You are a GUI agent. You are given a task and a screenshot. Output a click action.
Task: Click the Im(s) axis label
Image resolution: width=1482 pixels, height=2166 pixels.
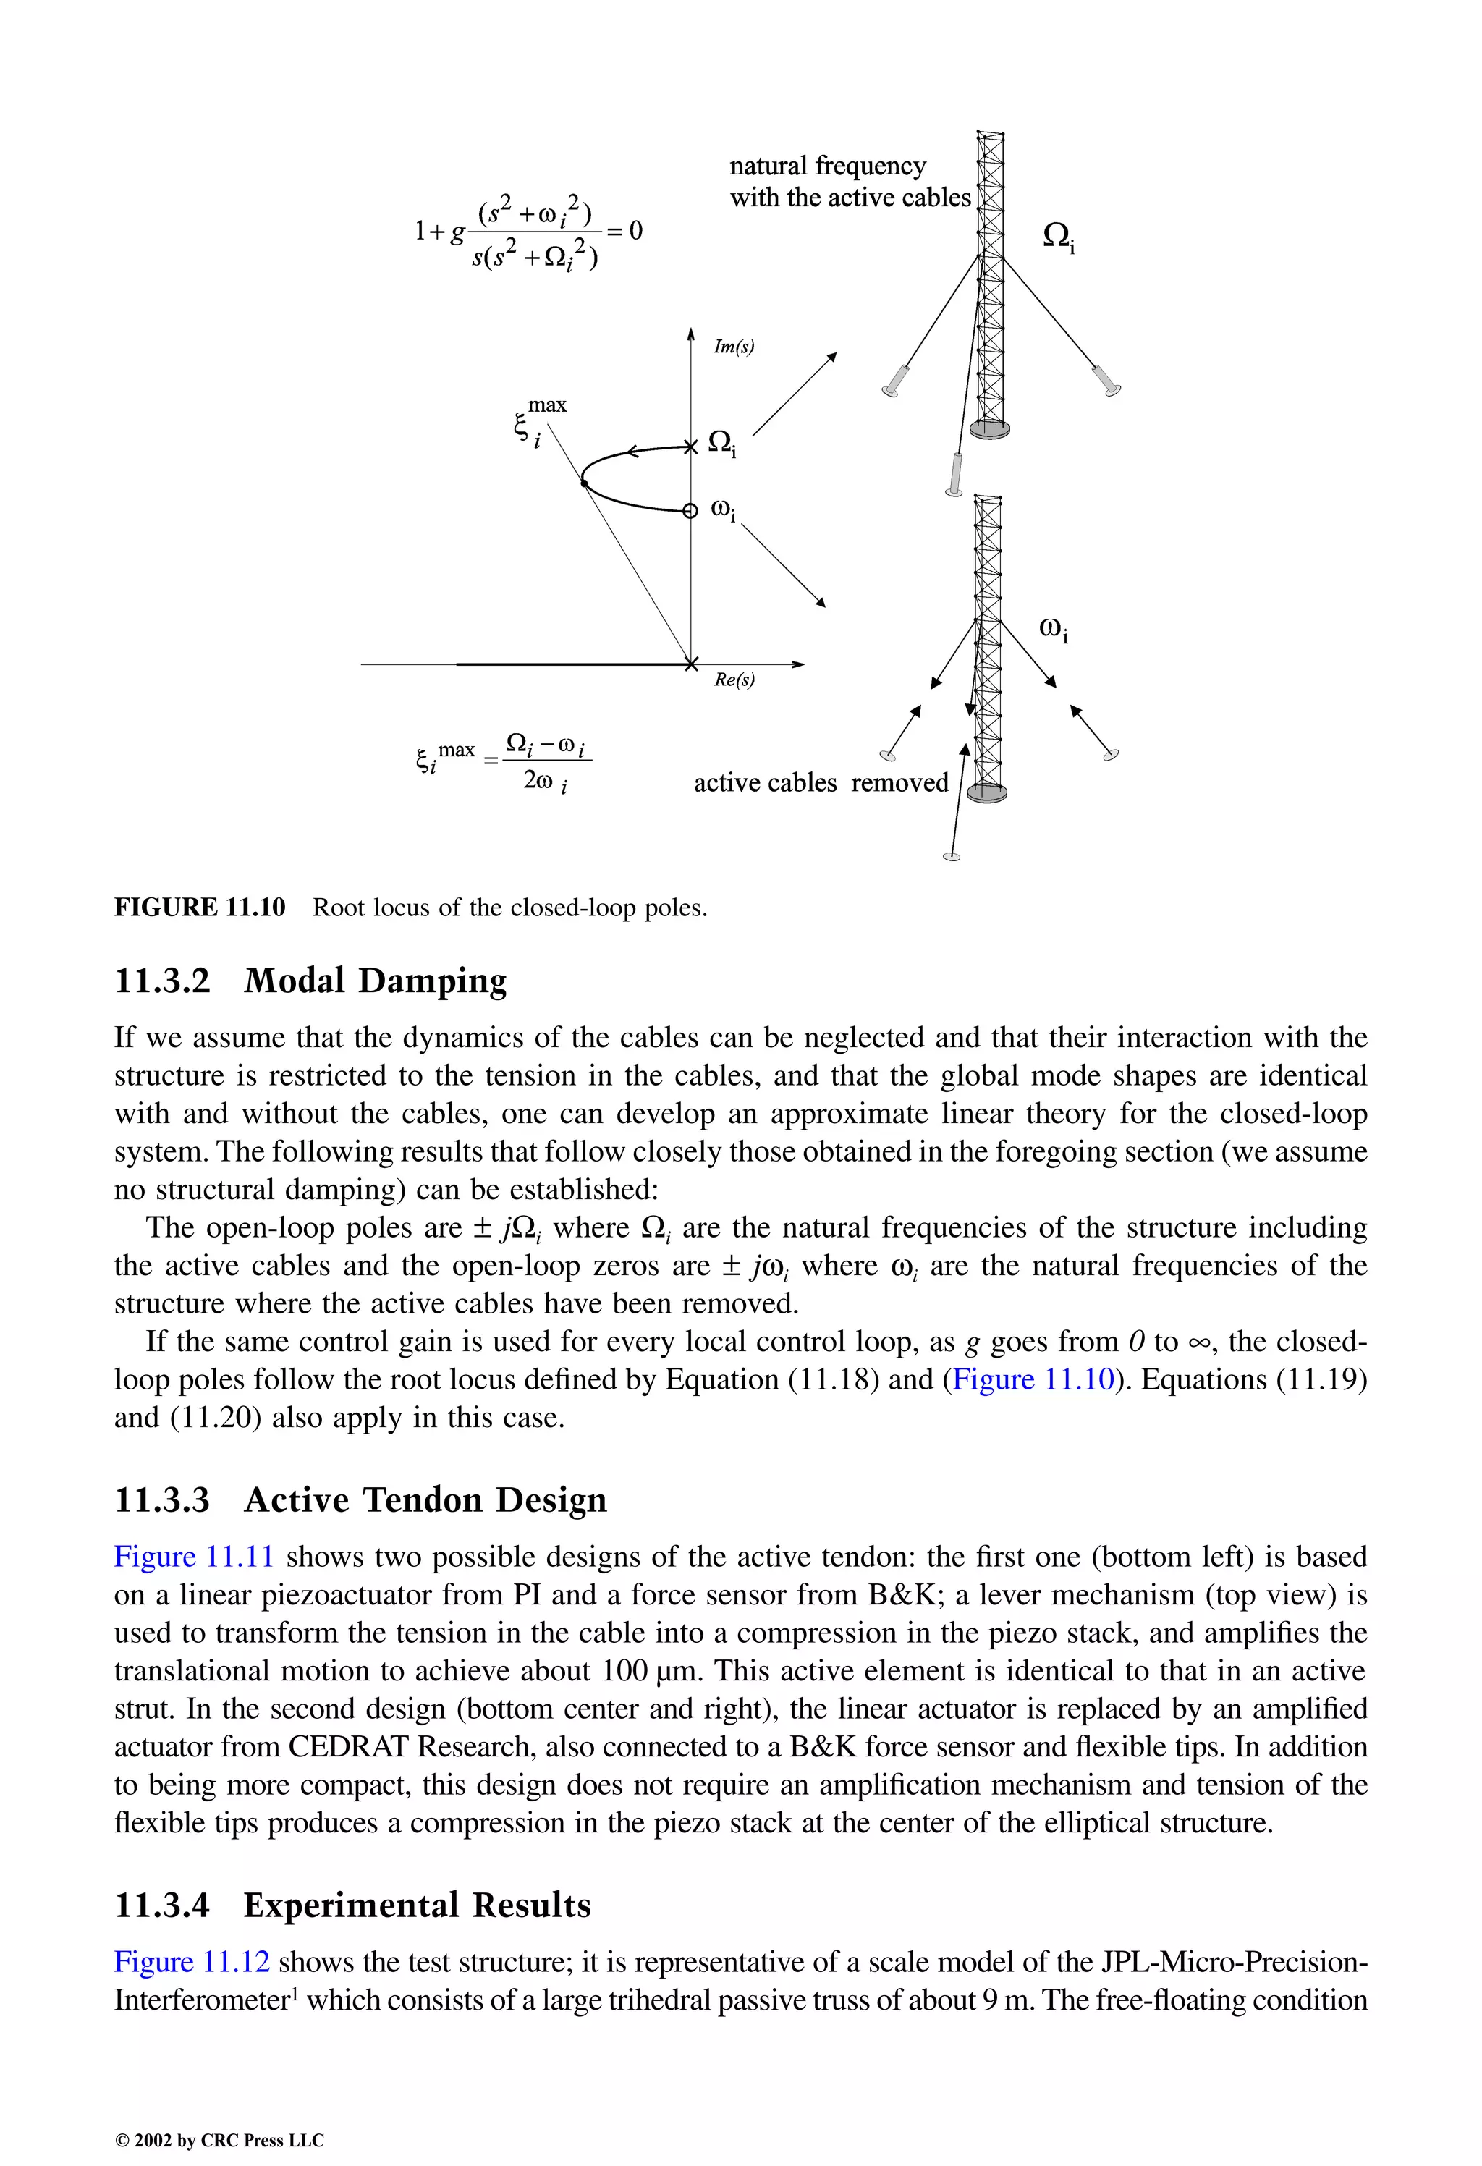click(734, 347)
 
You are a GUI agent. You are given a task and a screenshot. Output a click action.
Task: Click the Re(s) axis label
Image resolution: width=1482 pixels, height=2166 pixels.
click(734, 680)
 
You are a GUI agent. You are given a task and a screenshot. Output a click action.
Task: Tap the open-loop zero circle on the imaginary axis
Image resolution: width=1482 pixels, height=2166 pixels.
click(690, 511)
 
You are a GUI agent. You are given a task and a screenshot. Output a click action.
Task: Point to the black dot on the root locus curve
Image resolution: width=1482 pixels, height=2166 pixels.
click(583, 483)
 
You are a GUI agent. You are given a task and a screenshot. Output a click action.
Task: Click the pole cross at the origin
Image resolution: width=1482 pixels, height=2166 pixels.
click(690, 664)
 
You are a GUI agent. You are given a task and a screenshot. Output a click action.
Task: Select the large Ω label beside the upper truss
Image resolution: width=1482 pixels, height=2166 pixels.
click(1058, 237)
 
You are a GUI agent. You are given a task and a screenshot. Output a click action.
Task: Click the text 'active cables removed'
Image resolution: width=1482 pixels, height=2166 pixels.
click(820, 783)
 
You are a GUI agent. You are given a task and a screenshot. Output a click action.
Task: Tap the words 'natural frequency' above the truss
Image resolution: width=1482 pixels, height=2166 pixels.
click(828, 166)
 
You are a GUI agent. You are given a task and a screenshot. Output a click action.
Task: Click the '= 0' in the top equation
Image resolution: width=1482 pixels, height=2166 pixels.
click(624, 230)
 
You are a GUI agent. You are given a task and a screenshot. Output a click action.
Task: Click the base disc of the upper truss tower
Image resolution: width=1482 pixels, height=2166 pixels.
click(989, 428)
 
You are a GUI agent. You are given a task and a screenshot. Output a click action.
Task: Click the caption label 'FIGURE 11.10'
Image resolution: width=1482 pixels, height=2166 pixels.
click(200, 907)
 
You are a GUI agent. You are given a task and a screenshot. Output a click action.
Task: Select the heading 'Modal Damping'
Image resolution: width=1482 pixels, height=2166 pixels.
click(375, 981)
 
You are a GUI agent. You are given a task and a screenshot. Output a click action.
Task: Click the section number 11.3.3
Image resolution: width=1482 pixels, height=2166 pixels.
click(162, 1499)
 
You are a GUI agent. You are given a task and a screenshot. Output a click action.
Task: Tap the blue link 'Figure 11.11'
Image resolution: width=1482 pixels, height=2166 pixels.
click(194, 1557)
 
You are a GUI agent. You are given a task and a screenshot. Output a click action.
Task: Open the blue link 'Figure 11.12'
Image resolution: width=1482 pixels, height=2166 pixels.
click(192, 1962)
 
